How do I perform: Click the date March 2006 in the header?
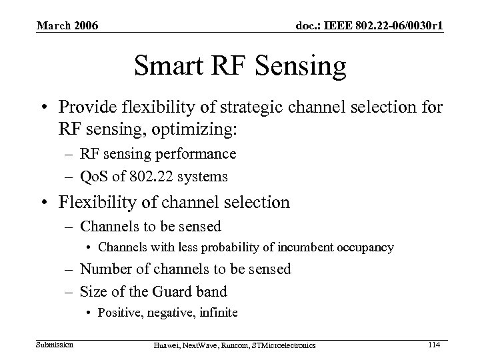[x=67, y=26]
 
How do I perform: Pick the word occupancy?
[x=360, y=247]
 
